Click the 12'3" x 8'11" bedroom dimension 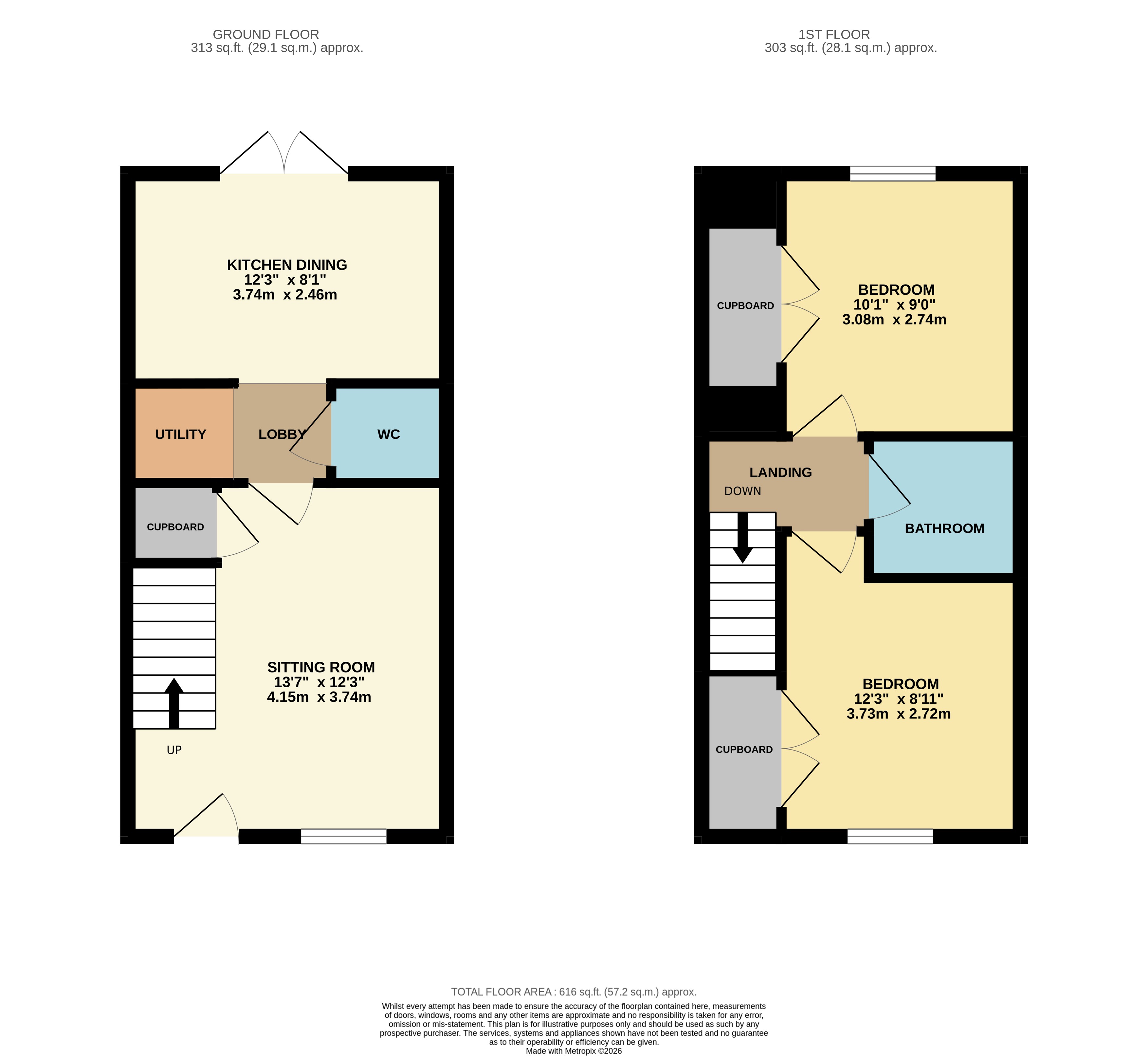point(899,699)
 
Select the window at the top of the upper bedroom point(893,174)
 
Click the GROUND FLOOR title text point(265,35)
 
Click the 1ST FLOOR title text point(834,35)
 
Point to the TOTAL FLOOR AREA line point(574,992)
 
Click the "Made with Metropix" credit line point(574,1051)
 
